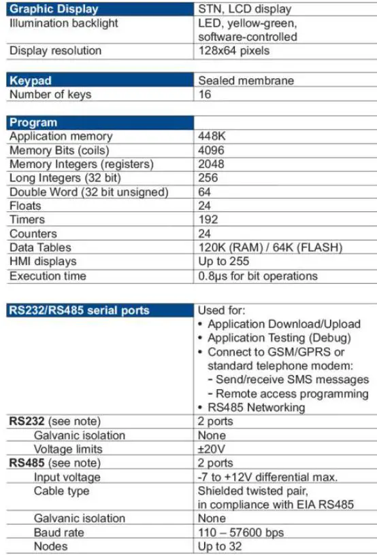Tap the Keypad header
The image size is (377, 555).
[31, 80]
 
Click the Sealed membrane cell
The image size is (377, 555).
[245, 80]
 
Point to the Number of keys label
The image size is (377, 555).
[50, 94]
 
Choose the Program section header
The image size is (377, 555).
[34, 123]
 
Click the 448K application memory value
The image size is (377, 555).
[212, 137]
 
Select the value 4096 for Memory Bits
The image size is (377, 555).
[211, 150]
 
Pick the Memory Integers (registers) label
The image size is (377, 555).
[82, 164]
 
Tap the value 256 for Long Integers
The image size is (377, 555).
[208, 178]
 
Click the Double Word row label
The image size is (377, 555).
[88, 192]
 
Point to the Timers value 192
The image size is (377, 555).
[208, 219]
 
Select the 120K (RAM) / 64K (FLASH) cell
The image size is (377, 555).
[269, 247]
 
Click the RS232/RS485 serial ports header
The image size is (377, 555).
[79, 310]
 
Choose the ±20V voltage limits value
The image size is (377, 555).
[212, 449]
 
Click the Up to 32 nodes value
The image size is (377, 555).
[219, 546]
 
